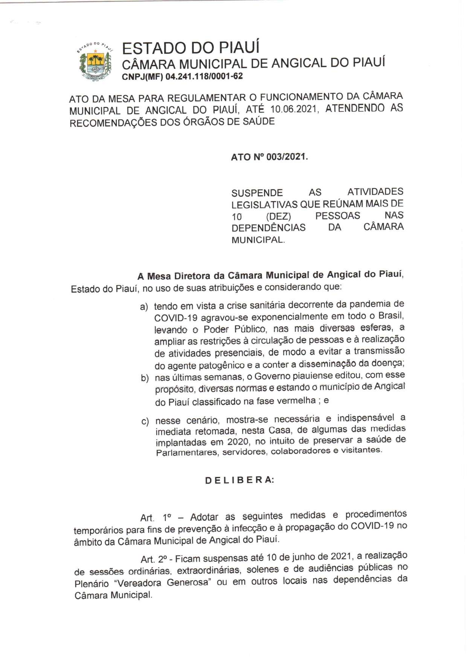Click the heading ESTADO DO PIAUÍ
(x=191, y=48)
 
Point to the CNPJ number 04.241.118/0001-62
(x=204, y=76)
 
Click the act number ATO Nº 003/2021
(x=269, y=157)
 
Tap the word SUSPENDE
(x=257, y=193)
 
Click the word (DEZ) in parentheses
(x=278, y=216)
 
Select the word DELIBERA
(x=240, y=480)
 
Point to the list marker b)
(x=145, y=378)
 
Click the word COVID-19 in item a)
(x=176, y=318)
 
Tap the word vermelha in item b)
(x=296, y=401)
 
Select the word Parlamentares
(x=187, y=452)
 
